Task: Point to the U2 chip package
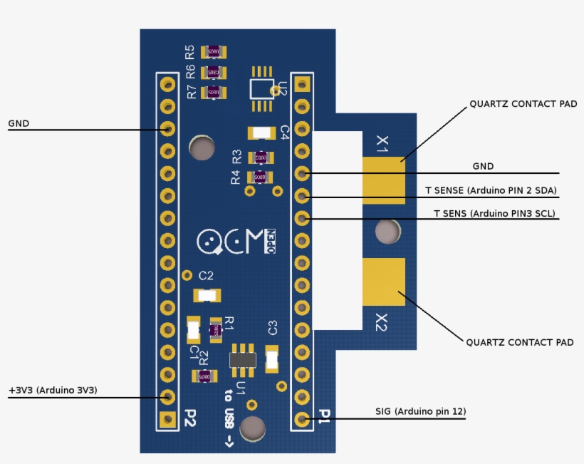tap(261, 88)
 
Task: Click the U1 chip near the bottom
tap(243, 360)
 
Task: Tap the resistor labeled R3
tap(260, 157)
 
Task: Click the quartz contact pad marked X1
tap(383, 180)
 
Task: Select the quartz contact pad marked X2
tap(383, 282)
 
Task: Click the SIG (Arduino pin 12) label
tap(420, 411)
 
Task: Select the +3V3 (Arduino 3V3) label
tap(53, 391)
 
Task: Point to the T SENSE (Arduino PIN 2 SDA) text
tap(491, 191)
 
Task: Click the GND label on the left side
tap(19, 123)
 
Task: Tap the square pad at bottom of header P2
tap(168, 418)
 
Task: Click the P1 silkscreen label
tap(324, 416)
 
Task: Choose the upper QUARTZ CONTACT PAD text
tap(523, 104)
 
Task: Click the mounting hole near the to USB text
tap(252, 428)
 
